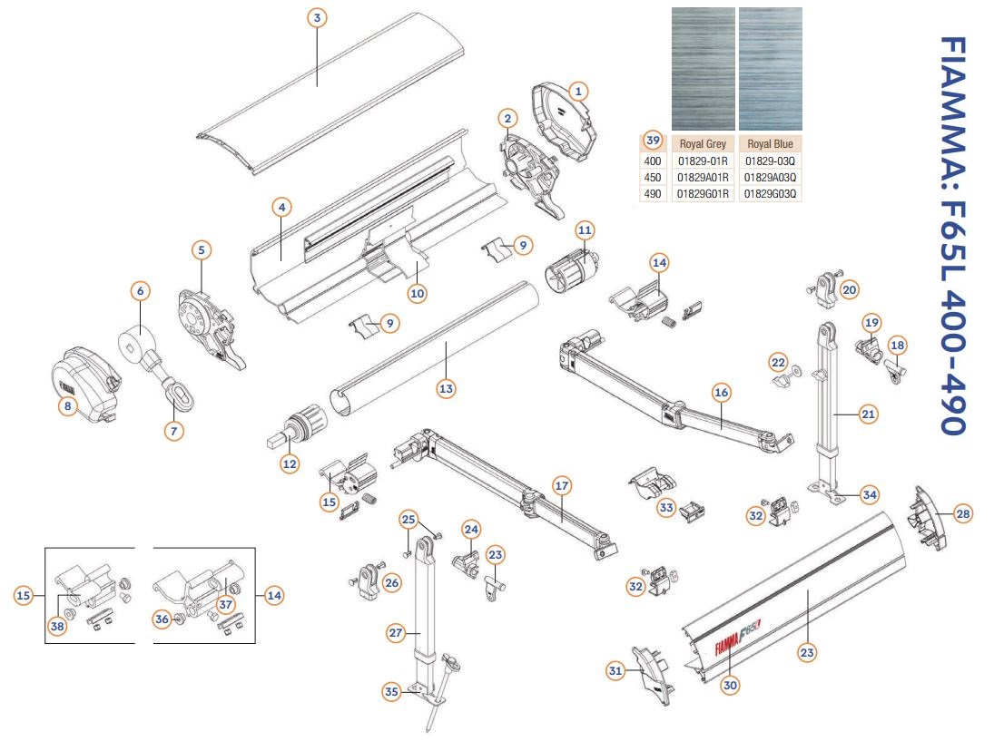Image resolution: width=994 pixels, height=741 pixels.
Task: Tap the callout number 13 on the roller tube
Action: (x=446, y=388)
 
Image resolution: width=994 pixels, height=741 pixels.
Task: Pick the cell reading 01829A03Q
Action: (x=770, y=177)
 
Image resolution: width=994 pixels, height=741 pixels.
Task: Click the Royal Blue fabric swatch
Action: (x=770, y=68)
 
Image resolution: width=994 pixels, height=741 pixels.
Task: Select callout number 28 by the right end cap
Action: (x=962, y=514)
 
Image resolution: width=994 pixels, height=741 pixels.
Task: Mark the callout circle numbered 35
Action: (x=391, y=692)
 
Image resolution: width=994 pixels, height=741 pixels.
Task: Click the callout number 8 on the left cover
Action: (x=67, y=407)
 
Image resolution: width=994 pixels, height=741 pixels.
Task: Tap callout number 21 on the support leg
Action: (x=868, y=414)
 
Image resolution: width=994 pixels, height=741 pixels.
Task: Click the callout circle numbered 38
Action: (x=58, y=626)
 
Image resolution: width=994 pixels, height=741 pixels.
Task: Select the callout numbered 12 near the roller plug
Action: (x=290, y=463)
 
